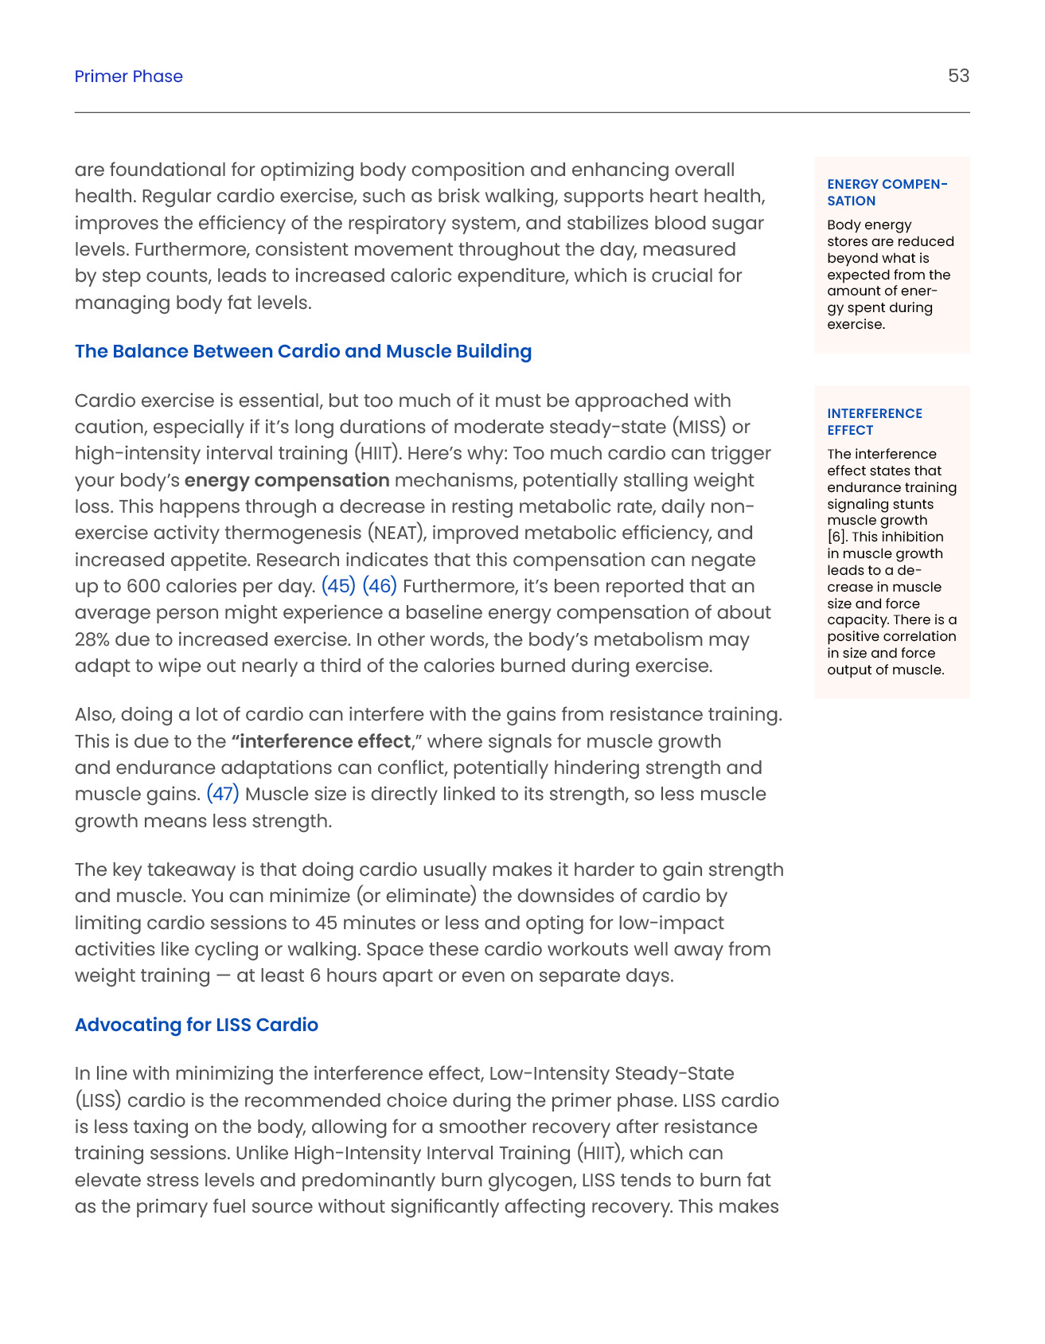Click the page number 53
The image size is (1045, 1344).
point(958,76)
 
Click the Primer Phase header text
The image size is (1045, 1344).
point(129,76)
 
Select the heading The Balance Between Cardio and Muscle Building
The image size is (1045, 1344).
point(303,351)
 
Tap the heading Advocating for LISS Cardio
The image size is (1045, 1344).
point(197,1025)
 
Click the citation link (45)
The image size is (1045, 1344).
point(338,586)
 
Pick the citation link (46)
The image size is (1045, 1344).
point(380,586)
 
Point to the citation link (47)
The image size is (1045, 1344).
point(223,794)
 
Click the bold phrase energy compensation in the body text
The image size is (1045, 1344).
point(287,480)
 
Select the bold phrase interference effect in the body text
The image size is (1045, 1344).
point(325,741)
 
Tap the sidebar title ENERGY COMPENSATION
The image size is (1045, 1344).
point(887,192)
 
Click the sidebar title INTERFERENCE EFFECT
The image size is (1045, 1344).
point(874,421)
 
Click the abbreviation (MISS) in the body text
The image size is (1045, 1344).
point(700,427)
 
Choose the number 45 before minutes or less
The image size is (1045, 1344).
point(326,923)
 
